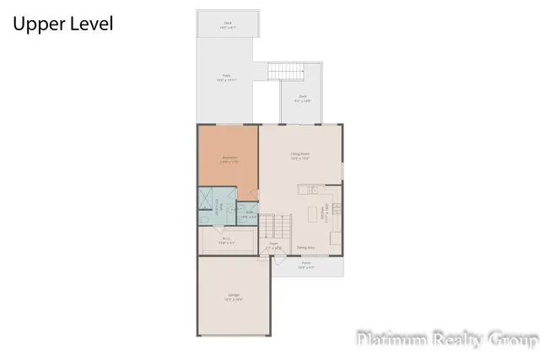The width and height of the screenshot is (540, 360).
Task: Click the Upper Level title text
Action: click(62, 24)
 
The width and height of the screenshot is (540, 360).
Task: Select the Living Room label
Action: click(301, 155)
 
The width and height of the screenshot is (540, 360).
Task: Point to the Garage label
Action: click(233, 298)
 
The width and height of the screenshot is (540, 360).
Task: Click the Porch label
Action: click(306, 264)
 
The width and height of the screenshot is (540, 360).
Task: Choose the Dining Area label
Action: click(305, 248)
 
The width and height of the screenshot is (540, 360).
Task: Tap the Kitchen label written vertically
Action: click(325, 213)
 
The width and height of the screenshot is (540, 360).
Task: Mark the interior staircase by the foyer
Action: click(275, 226)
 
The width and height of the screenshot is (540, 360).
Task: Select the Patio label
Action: click(227, 78)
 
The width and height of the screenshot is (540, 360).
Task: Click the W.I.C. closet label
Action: click(227, 240)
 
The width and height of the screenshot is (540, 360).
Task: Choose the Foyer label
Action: click(273, 246)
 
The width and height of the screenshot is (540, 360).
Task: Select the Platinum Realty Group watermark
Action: click(446, 340)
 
